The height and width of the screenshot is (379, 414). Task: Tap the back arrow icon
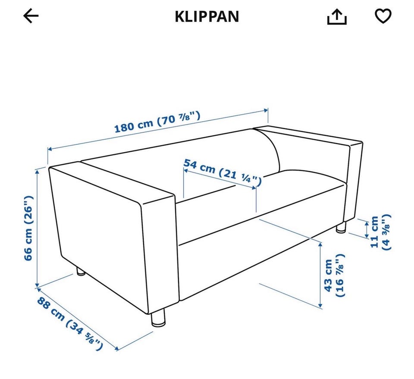point(31,16)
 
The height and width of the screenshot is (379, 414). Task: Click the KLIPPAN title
point(207,16)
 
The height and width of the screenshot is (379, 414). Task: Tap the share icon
point(337,16)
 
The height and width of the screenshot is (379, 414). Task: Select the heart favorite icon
point(383,16)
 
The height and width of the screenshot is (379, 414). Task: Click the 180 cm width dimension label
point(157,122)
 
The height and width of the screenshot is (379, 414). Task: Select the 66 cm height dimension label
point(28,228)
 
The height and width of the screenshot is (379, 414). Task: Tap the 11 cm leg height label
point(380,232)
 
